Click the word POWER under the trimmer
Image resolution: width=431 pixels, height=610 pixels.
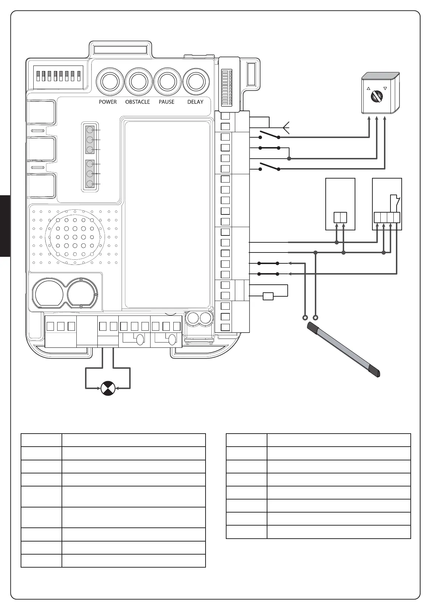coord(108,102)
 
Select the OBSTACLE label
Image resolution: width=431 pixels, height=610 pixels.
coord(138,102)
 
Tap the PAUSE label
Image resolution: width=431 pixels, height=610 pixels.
coord(166,102)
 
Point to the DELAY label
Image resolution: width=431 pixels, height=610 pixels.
coord(195,102)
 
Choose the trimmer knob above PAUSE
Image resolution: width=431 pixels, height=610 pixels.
coord(167,82)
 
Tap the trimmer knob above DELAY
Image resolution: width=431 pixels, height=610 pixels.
coord(196,82)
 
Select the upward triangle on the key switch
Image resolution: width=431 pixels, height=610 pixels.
coord(368,88)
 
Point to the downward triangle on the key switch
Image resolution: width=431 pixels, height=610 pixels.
coord(385,88)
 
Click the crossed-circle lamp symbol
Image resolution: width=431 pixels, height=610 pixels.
coord(107,388)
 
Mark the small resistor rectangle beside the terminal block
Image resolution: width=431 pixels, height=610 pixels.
coord(268,296)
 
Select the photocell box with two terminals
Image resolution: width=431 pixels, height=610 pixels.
coord(340,204)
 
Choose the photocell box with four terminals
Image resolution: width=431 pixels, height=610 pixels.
coord(387,204)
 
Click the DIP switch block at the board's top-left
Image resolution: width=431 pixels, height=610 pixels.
coord(58,76)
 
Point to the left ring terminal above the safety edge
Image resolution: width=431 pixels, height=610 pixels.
coord(305,318)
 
